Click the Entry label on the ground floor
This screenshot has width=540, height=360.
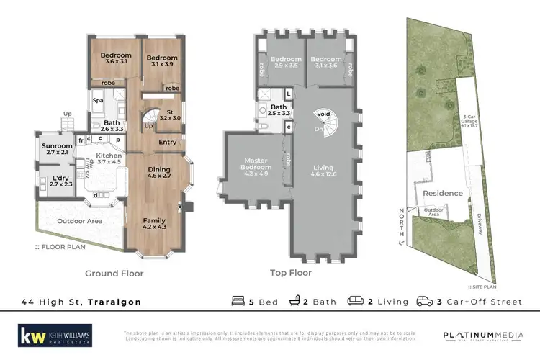click(x=167, y=142)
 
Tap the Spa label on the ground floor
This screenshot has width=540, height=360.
click(x=98, y=110)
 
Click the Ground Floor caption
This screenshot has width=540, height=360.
click(x=114, y=274)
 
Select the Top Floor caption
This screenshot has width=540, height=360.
click(x=291, y=274)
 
